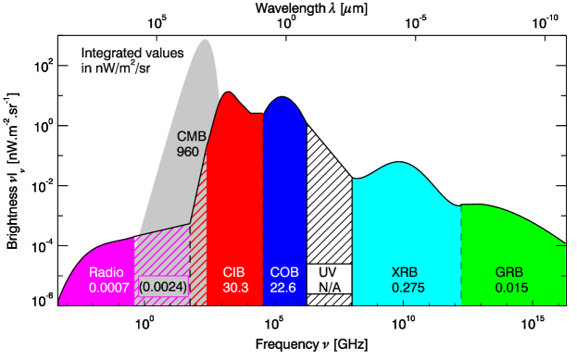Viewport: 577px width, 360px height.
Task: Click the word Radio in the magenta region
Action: point(106,273)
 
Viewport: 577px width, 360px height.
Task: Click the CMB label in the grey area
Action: point(191,137)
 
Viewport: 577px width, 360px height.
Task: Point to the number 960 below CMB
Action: point(187,152)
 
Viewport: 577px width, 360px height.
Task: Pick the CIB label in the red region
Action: point(234,273)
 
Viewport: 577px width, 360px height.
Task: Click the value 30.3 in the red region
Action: point(235,289)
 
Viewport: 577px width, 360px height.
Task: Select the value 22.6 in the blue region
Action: point(283,289)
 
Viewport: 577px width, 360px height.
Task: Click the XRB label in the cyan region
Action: point(405,273)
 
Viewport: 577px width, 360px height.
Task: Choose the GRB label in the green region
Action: point(509,273)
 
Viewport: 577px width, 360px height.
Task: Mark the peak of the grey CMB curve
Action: point(205,41)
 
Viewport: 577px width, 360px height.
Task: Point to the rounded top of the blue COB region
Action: point(284,98)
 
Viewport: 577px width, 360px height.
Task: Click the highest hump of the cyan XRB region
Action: point(399,164)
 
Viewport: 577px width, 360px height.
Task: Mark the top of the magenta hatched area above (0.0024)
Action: point(163,231)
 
